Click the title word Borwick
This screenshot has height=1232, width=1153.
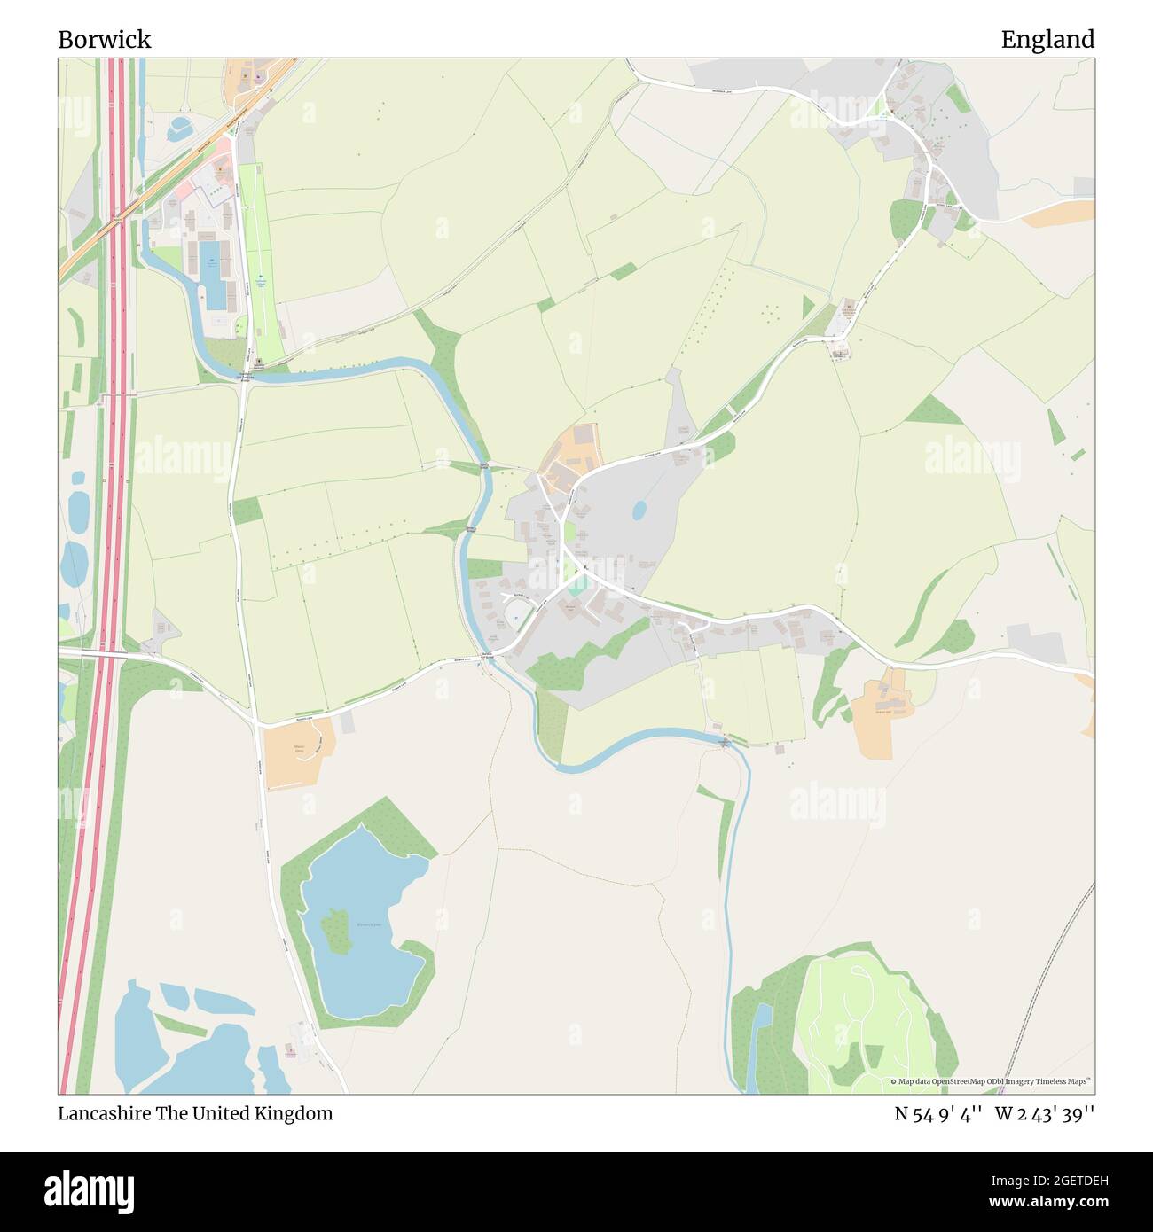pos(105,39)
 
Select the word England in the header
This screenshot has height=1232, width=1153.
pos(1047,39)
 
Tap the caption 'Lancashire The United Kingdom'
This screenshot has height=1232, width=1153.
pos(195,1113)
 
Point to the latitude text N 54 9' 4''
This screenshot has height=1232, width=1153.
pos(937,1113)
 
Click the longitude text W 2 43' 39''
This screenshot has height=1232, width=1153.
pos(1045,1113)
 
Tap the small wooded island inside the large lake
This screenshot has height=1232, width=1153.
pos(335,931)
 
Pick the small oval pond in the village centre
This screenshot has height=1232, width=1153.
pos(639,510)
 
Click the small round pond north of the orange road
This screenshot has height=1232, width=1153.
pos(180,128)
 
